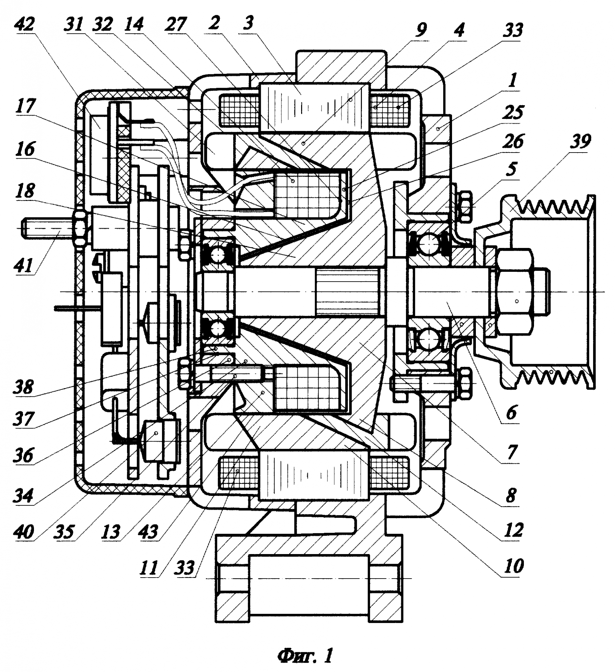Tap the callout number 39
(580, 141)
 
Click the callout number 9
(420, 30)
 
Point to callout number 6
(511, 412)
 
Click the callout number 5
(511, 169)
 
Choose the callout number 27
(175, 25)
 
